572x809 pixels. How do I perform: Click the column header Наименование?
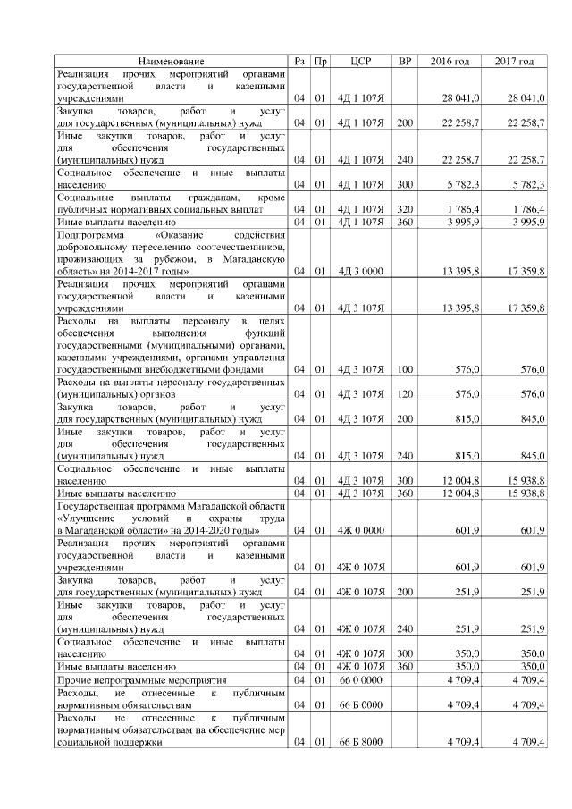pos(171,61)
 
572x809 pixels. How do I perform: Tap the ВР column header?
pos(405,61)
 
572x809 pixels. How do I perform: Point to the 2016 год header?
pos(450,61)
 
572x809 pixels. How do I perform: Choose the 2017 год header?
pos(514,61)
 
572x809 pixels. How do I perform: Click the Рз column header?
pos(300,61)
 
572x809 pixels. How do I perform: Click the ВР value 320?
pos(405,209)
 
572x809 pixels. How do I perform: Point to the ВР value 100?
pos(405,368)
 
